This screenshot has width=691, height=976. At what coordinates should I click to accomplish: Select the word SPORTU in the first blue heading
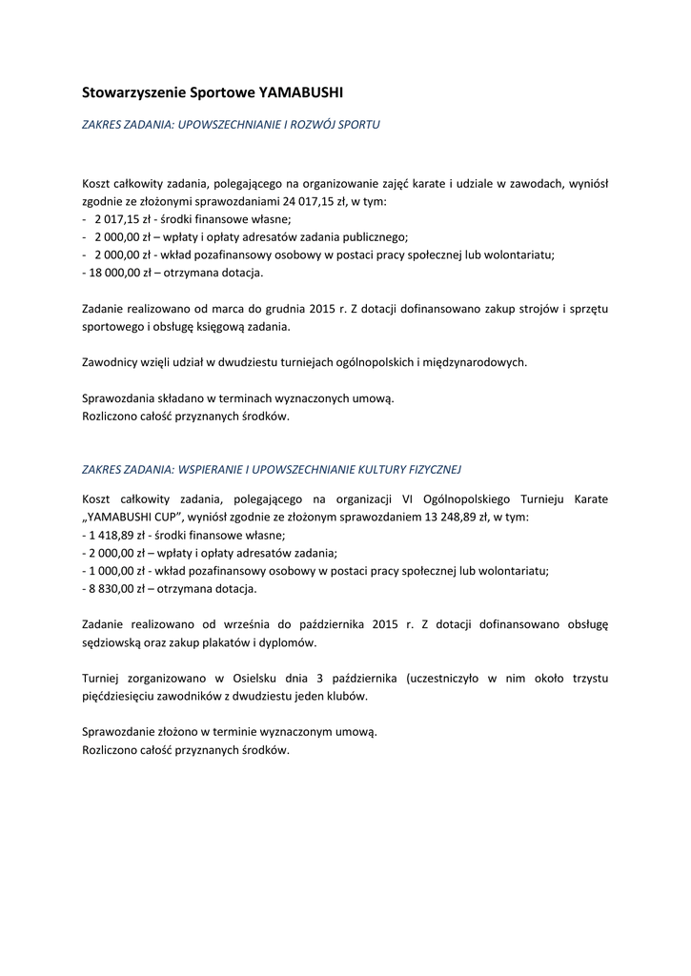point(355,125)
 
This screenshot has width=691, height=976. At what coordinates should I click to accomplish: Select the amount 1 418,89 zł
point(117,536)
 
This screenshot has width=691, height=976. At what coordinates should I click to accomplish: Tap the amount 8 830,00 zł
point(113,588)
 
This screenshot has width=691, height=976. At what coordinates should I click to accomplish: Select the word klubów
point(349,696)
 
